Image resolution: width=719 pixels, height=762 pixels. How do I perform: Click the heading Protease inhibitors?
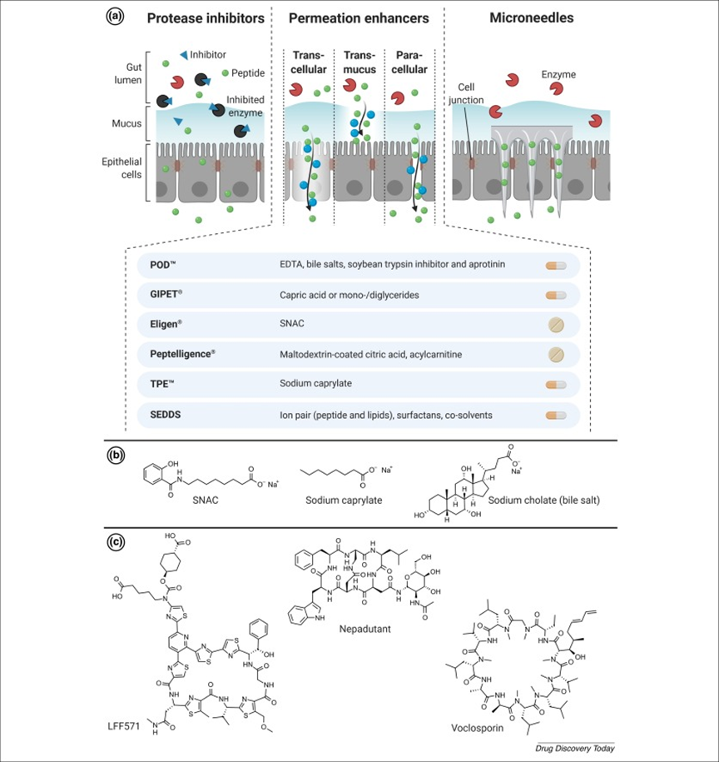point(206,18)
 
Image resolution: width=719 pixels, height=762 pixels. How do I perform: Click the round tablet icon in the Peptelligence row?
point(556,354)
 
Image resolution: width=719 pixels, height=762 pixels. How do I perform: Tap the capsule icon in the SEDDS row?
point(556,414)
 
